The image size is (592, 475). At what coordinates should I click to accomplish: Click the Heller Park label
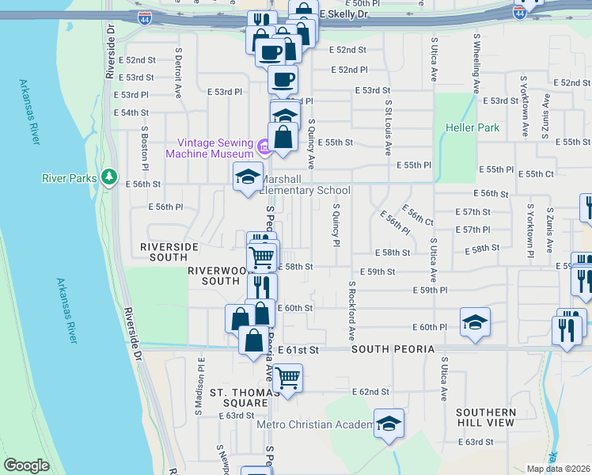472,127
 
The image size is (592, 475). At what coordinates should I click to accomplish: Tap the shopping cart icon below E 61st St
287,378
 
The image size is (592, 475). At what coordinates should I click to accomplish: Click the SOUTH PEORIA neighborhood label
393,349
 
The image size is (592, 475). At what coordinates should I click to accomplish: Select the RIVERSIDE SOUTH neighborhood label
169,252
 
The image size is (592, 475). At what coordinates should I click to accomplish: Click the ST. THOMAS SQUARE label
239,397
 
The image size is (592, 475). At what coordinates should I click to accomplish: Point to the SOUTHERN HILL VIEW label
485,417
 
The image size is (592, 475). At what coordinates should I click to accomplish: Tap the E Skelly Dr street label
344,14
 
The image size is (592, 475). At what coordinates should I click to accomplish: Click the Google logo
26,465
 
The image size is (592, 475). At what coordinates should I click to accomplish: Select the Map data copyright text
558,469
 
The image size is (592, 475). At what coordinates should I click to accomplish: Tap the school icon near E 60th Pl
475,321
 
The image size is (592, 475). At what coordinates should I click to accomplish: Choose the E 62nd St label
372,392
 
